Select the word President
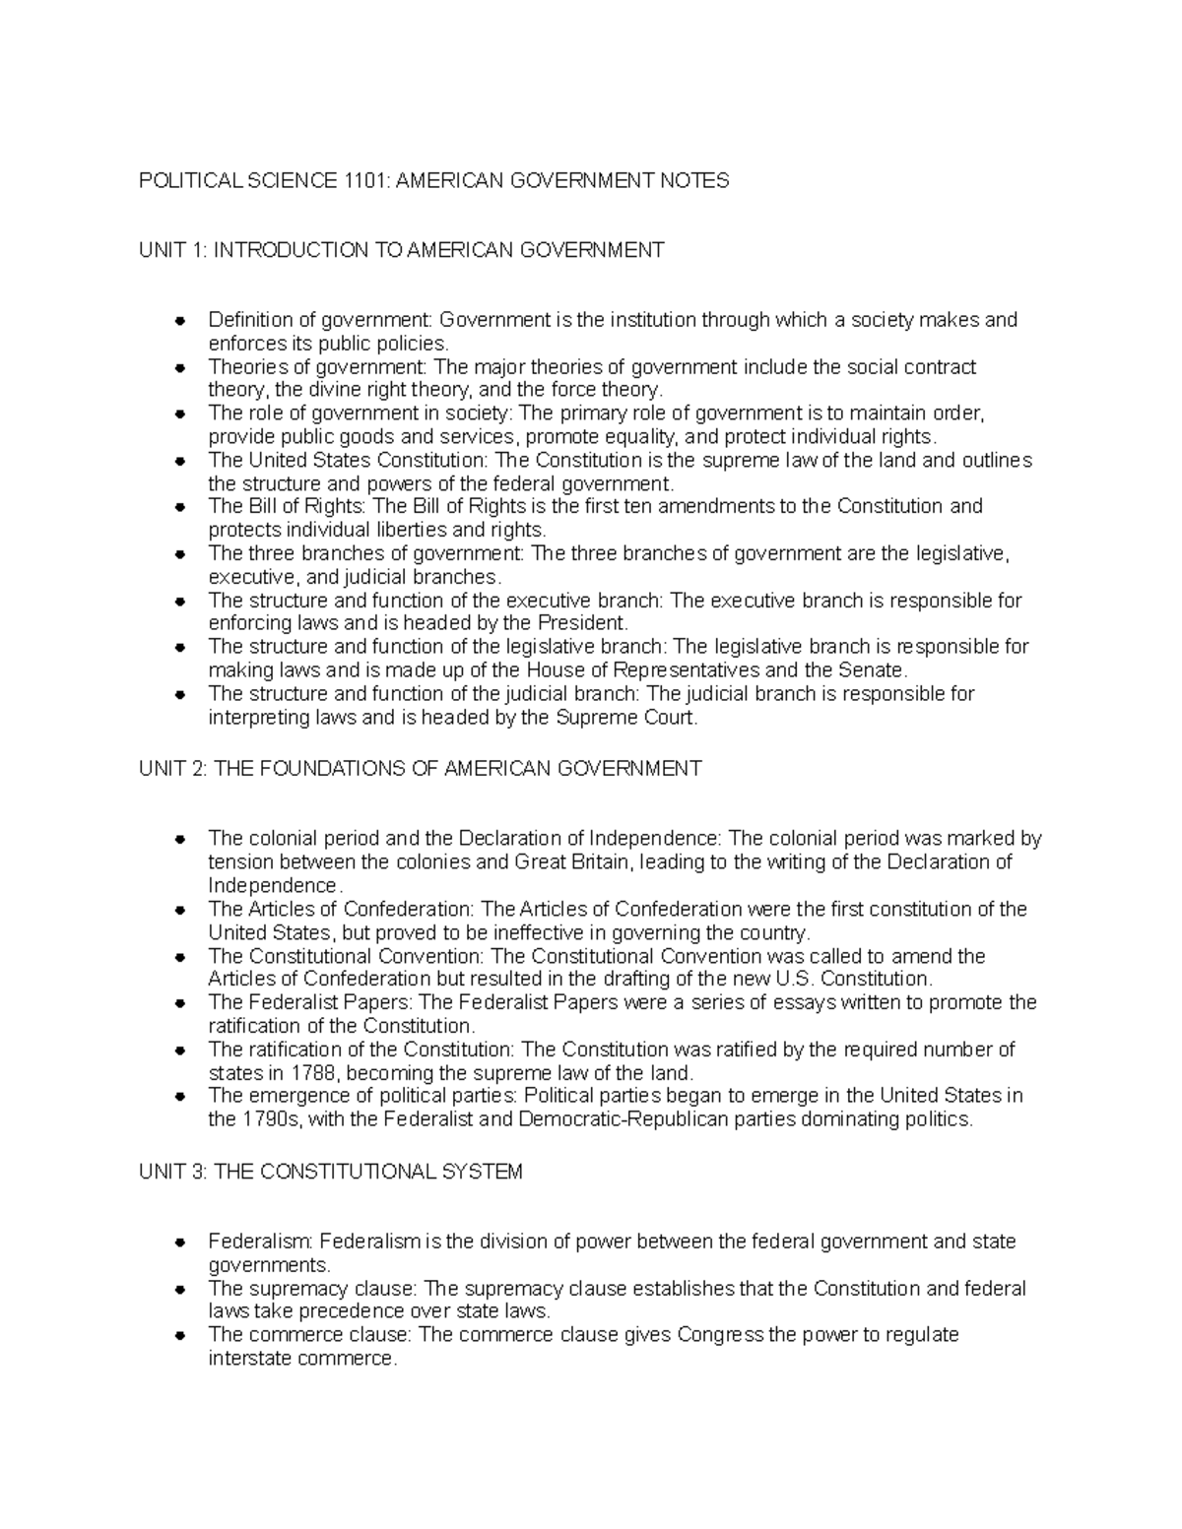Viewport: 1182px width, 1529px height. tap(581, 623)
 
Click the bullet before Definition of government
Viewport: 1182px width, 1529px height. tap(180, 321)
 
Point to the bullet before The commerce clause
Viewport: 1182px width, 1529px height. tap(180, 1336)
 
